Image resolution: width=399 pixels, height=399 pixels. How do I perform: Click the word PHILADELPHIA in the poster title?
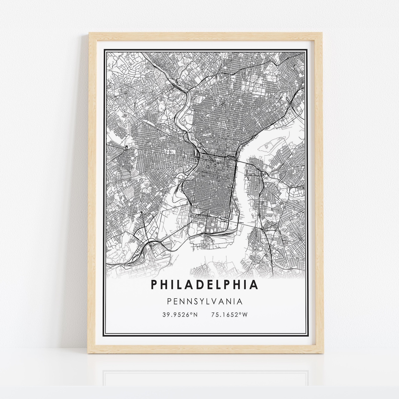point(204,285)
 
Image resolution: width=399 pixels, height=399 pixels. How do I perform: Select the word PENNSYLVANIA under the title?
point(205,301)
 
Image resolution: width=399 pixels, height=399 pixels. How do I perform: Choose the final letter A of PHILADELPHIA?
point(255,285)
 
